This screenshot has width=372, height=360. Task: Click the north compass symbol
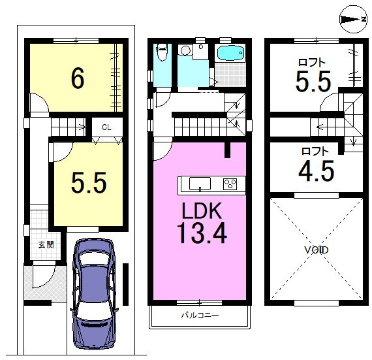(353, 19)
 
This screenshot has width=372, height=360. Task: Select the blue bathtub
(230, 53)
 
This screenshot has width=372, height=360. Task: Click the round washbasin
(185, 50)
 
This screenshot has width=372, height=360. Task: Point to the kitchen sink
(200, 184)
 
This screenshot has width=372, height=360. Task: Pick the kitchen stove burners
(230, 184)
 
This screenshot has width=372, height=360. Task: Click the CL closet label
(106, 127)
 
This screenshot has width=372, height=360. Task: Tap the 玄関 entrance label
(46, 245)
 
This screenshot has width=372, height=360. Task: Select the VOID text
(317, 250)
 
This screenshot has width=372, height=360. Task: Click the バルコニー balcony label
(200, 316)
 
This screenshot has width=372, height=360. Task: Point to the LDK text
(202, 210)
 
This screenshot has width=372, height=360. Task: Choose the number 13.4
(202, 233)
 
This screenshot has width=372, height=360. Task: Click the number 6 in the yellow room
(78, 78)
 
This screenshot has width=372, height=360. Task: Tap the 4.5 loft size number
(317, 171)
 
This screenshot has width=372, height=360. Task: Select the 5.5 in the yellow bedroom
(89, 182)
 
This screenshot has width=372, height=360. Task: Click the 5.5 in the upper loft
(313, 81)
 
